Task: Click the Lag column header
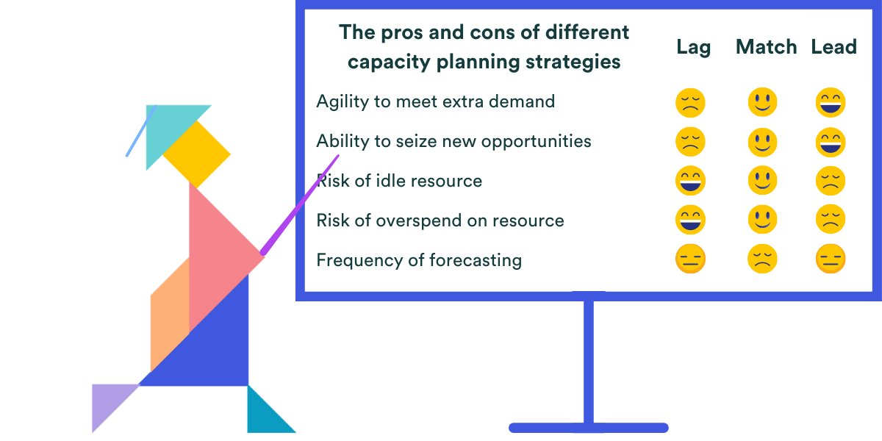click(693, 48)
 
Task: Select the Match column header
click(766, 47)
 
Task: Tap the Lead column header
click(833, 47)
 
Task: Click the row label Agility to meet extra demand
click(435, 101)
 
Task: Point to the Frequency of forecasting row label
click(419, 260)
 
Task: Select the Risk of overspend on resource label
click(440, 220)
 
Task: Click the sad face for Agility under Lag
click(690, 102)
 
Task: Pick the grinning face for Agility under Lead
click(831, 102)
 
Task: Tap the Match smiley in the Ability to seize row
click(762, 142)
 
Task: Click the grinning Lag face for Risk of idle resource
click(690, 181)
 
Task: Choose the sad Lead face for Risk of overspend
click(831, 220)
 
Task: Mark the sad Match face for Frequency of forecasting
click(762, 259)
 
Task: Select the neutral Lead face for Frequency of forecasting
click(831, 259)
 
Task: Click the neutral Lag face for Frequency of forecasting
click(690, 259)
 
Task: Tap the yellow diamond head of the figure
click(196, 154)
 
